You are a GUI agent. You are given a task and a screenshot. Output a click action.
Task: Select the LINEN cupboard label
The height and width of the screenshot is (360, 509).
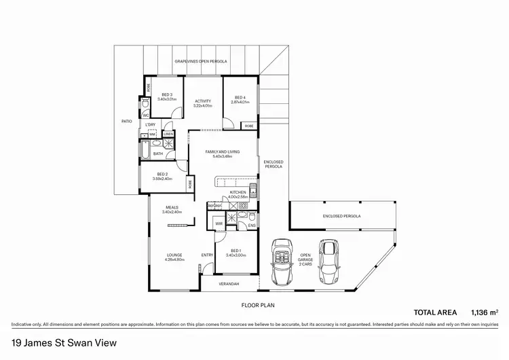coord(168,134)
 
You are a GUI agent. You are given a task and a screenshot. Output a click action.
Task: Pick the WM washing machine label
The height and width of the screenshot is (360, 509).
coord(153,134)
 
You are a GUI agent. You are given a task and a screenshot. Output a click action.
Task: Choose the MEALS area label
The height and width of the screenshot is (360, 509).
coord(171,210)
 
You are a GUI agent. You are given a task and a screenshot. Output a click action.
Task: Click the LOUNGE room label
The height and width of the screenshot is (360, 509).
coord(174,257)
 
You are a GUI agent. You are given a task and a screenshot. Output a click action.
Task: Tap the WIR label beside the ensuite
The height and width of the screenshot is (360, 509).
coord(219,223)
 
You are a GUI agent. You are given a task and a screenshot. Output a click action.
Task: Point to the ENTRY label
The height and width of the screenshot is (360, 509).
coord(207,255)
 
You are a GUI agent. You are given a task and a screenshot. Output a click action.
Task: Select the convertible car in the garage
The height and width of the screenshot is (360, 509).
coord(280,262)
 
